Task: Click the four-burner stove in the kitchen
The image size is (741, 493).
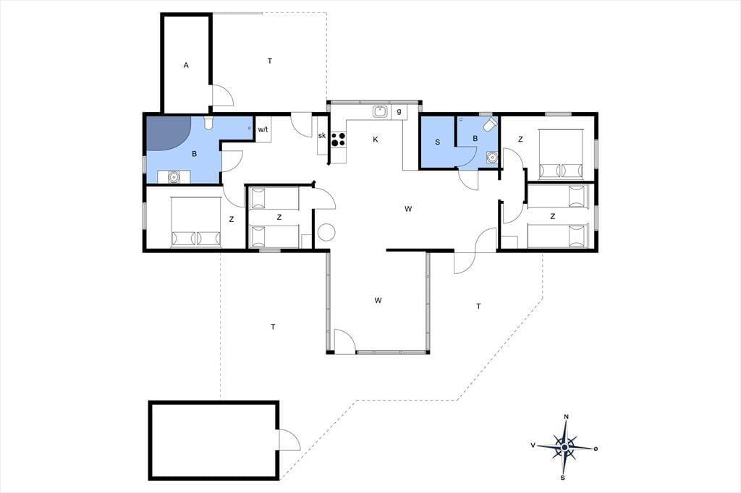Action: tap(339, 140)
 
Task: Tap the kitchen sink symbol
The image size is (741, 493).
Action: tap(380, 112)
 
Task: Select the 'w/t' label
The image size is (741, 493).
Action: tap(263, 129)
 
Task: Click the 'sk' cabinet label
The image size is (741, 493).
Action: tap(322, 135)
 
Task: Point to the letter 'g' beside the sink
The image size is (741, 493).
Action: tap(399, 112)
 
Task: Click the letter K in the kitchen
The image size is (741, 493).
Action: tap(376, 140)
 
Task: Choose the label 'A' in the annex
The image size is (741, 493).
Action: tap(186, 65)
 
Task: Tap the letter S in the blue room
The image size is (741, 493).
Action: tap(438, 142)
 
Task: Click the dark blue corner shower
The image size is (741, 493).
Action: tap(168, 133)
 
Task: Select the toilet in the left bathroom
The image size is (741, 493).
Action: tap(208, 123)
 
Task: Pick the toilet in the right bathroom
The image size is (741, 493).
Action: tap(491, 124)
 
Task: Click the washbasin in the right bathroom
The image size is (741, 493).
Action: tap(492, 156)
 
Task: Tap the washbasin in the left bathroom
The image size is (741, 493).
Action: tap(174, 177)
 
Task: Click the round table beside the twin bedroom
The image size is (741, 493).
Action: tap(326, 232)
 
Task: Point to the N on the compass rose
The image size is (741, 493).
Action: tap(566, 416)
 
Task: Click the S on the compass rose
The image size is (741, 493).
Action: tap(562, 477)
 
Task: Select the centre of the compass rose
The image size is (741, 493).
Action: tap(564, 447)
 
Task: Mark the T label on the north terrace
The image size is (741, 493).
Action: tap(270, 61)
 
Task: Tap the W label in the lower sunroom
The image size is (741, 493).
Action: tap(378, 300)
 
